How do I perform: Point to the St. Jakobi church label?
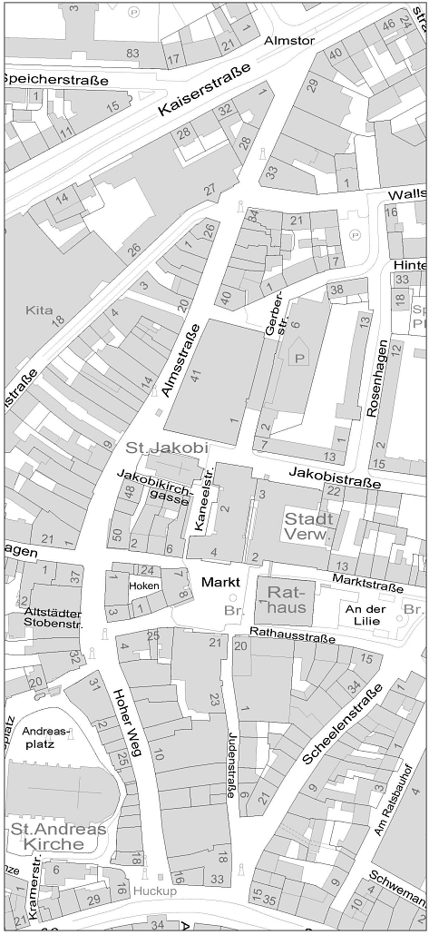tap(167, 448)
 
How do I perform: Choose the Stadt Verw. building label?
tap(308, 526)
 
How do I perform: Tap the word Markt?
tap(221, 581)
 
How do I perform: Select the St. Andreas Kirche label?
tap(58, 836)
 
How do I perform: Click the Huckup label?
tap(157, 891)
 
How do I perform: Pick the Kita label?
tap(39, 310)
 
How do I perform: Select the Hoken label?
tap(143, 586)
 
